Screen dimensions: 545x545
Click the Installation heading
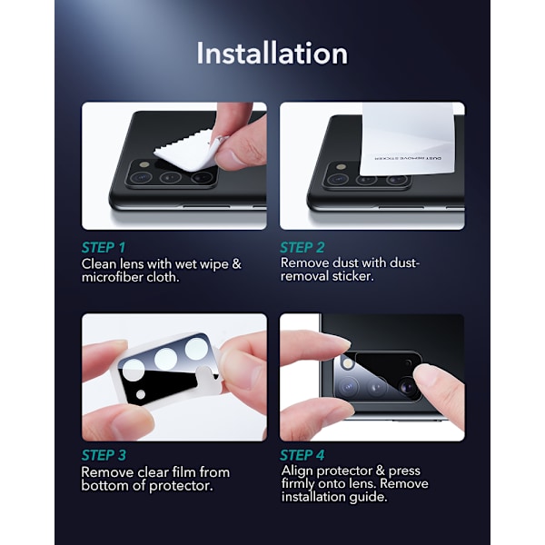tap(272, 54)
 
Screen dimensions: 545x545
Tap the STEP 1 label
tap(104, 247)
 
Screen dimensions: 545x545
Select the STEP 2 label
tap(302, 247)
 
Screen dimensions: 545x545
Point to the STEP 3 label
tap(104, 455)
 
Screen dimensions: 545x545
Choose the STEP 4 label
tap(302, 455)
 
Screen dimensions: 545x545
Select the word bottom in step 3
tap(105, 486)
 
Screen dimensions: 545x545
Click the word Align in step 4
tap(298, 471)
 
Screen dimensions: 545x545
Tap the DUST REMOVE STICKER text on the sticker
tap(408, 158)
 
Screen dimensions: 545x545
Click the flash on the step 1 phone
tap(144, 164)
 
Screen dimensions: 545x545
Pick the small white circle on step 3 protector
tap(141, 394)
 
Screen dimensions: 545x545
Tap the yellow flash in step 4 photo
tap(347, 363)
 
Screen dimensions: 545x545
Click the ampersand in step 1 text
tap(236, 263)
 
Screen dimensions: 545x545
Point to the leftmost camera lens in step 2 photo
tap(336, 179)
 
